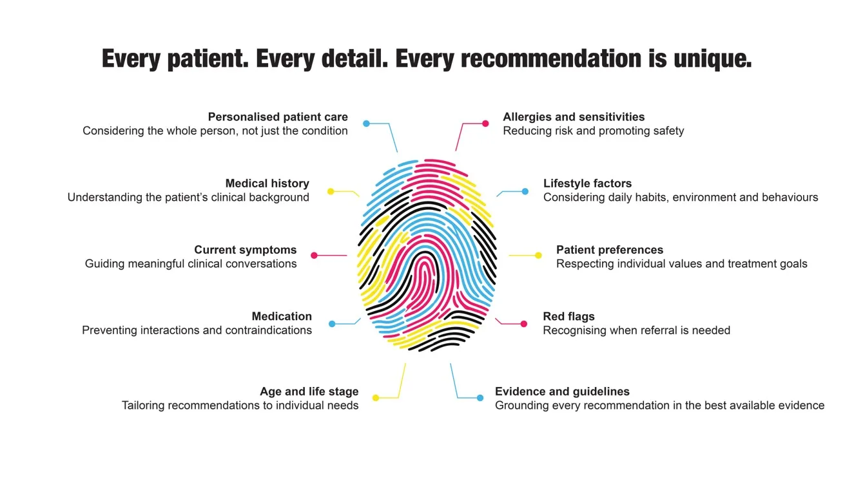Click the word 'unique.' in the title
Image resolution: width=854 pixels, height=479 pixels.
[713, 59]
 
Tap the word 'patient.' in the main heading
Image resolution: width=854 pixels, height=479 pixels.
[208, 59]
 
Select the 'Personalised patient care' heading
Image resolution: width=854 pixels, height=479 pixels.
[278, 117]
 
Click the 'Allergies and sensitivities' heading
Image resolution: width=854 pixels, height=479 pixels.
[574, 117]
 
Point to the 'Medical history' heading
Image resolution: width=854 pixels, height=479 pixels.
[267, 183]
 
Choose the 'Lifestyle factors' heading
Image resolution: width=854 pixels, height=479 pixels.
[588, 183]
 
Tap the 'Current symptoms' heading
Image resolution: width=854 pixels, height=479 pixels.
[245, 250]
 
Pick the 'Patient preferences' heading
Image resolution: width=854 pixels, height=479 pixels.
[610, 250]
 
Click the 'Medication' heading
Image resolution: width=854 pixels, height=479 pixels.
[282, 316]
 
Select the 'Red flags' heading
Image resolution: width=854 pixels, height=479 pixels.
[568, 316]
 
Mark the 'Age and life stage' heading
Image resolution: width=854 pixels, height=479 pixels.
[309, 391]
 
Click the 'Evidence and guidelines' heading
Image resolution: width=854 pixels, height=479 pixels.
[562, 391]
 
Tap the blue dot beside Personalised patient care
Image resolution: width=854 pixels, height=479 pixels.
[366, 124]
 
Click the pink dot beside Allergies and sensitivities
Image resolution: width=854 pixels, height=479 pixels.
[485, 124]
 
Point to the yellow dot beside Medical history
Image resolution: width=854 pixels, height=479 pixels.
[331, 191]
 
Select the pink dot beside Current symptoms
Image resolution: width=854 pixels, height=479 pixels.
[314, 256]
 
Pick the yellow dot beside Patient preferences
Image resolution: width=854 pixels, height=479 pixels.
[538, 256]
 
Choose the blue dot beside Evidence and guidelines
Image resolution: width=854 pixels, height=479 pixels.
[480, 398]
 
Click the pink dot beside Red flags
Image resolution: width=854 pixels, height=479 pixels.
[524, 324]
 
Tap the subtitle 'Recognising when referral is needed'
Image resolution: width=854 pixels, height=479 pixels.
[636, 330]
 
